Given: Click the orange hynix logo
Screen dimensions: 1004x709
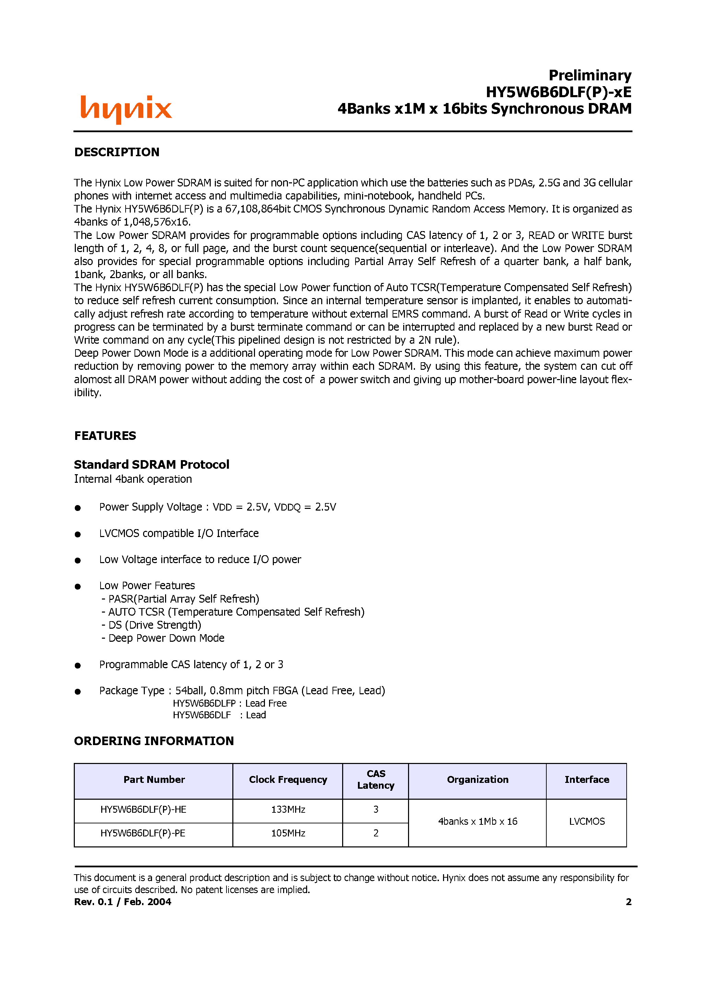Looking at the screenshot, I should pos(126,109).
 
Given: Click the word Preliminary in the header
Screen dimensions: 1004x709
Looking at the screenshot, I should pos(590,75).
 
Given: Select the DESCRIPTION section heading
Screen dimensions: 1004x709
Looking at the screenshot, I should pos(117,152).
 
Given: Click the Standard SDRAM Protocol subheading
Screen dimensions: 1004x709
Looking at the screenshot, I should pos(151,464).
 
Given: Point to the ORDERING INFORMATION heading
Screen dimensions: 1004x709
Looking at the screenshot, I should pos(154,741).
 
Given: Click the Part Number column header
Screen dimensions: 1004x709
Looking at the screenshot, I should pos(154,780).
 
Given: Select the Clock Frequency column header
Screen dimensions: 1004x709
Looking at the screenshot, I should pos(288,780).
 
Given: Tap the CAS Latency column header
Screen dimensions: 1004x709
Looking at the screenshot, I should pos(375,780).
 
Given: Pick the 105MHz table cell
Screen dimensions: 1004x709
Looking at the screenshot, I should pos(288,833).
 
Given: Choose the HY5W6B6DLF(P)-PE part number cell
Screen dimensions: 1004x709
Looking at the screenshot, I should pos(143,833).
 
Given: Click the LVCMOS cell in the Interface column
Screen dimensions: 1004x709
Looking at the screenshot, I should pos(586,821).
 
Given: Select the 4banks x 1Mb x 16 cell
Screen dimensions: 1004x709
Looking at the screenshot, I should pos(477,821).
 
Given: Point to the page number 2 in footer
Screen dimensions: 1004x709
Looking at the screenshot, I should pos(628,902).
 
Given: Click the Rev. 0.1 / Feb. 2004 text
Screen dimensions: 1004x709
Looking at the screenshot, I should pos(123,902).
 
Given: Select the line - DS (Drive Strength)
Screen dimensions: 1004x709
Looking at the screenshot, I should pos(151,625).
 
